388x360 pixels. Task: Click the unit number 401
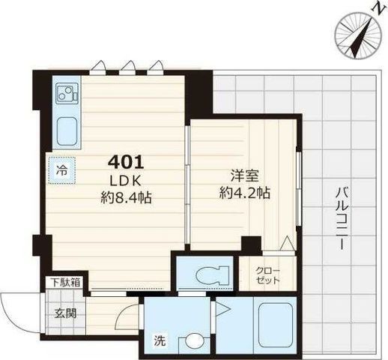(x=126, y=163)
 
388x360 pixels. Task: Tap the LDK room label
(x=126, y=181)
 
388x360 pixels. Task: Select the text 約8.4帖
(x=126, y=197)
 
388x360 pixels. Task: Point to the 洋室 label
(x=244, y=175)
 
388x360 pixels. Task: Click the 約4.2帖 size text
(x=244, y=193)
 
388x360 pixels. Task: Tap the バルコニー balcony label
(x=342, y=219)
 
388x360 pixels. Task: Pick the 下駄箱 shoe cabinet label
(x=66, y=283)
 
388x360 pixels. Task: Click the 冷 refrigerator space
(x=61, y=170)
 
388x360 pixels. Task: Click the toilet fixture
(x=212, y=275)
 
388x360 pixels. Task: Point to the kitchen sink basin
(x=67, y=131)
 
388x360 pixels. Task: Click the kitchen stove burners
(x=67, y=94)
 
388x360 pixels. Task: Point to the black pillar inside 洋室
(x=252, y=243)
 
